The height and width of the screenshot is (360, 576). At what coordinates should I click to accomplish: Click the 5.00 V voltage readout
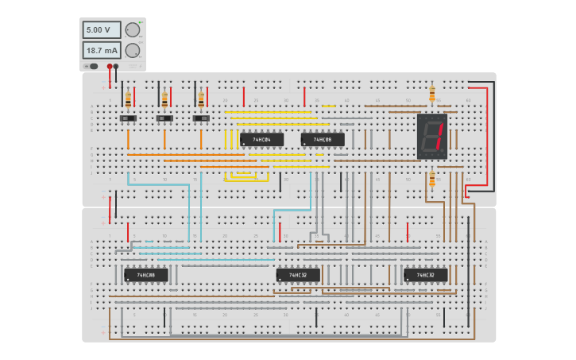tap(102, 30)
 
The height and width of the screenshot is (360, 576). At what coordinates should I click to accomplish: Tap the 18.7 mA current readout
tap(102, 51)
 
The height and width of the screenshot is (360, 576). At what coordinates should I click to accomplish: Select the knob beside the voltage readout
tap(133, 30)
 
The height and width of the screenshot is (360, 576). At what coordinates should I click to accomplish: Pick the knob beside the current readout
tap(133, 51)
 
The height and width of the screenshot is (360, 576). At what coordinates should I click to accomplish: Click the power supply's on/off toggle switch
tap(92, 66)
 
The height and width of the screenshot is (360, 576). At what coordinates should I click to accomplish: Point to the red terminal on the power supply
tap(110, 67)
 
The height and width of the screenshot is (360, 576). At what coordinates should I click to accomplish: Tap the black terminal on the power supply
tap(116, 67)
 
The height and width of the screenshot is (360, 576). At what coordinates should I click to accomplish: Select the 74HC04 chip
tap(261, 140)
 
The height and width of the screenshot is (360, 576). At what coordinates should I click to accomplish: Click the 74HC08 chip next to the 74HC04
tap(323, 140)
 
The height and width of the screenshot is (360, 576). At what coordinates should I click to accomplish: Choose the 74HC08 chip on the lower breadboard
tap(145, 275)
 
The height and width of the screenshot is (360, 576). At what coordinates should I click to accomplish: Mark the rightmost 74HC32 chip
tap(425, 275)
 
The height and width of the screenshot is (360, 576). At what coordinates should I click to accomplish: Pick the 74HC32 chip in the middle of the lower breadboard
tap(298, 275)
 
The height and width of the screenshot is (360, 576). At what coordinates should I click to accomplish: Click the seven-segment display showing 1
tap(432, 136)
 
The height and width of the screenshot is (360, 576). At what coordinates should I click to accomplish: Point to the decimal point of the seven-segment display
tap(443, 153)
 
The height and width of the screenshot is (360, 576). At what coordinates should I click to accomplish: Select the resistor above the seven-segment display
tap(432, 94)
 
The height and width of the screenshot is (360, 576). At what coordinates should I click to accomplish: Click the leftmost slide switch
tap(128, 118)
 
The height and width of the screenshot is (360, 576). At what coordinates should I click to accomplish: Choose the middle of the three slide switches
tap(164, 118)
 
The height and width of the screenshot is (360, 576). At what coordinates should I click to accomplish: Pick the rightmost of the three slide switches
tap(201, 118)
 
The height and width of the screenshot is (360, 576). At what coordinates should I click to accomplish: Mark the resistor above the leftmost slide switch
tap(128, 100)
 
